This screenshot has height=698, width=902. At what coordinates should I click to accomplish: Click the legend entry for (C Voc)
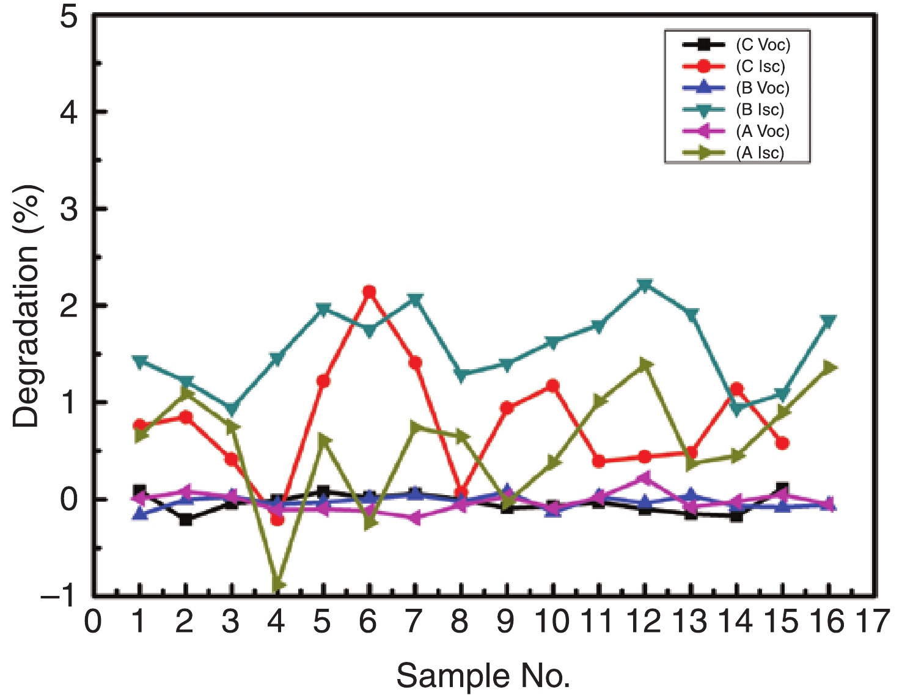pos(762,45)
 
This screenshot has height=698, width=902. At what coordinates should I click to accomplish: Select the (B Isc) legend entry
pos(760,110)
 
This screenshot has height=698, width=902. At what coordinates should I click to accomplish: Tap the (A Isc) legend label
pos(760,153)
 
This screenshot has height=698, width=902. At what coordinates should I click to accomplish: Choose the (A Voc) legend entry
pos(762,131)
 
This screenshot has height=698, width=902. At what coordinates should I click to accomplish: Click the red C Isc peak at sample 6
pos(369,292)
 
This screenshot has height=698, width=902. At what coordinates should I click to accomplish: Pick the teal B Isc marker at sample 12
pos(645,285)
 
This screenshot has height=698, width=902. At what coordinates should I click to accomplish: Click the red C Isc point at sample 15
pos(782,443)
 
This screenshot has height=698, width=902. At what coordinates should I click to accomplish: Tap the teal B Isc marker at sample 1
pos(140,362)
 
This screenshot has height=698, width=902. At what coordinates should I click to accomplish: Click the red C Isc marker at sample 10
pos(553,386)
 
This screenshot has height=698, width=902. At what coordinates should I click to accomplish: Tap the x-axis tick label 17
pos(872,622)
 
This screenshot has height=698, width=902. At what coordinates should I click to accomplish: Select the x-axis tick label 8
pos(460,622)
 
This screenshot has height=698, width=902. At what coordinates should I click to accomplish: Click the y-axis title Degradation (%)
pos(26,306)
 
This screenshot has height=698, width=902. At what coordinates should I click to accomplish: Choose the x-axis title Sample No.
pos(483,676)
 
